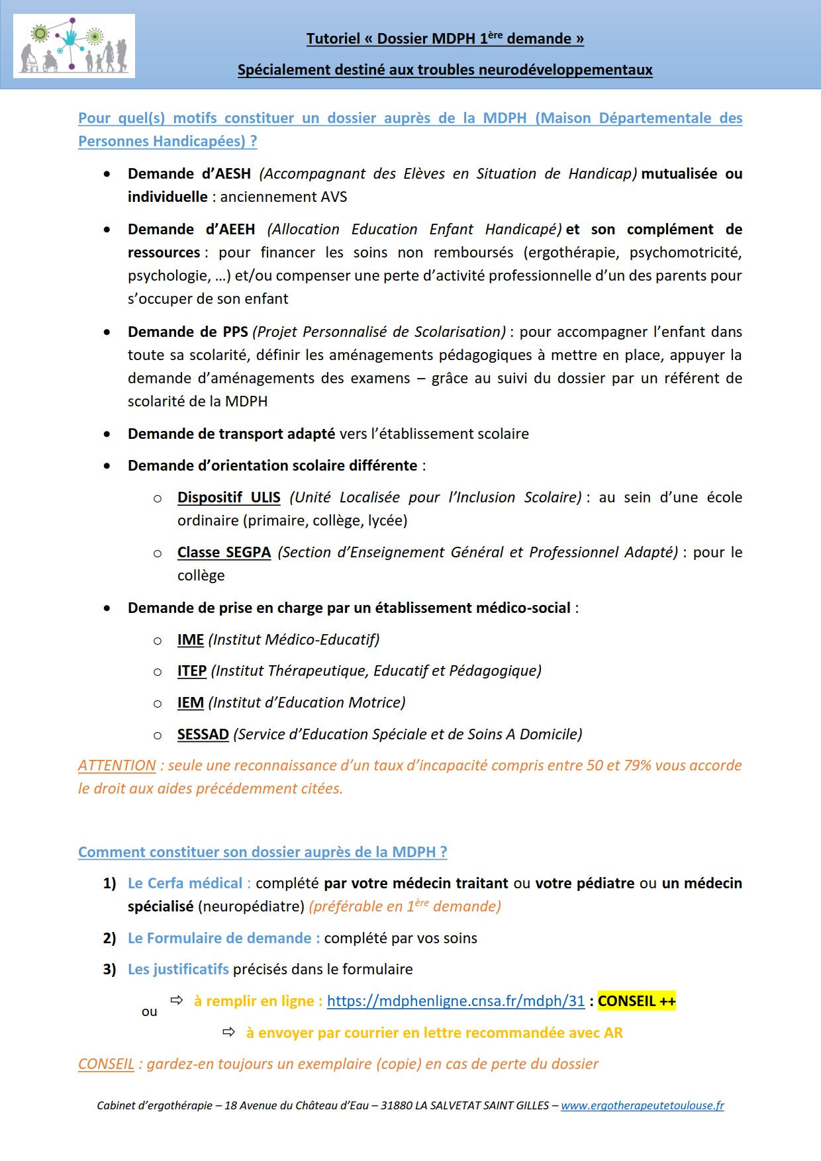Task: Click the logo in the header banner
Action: (x=73, y=46)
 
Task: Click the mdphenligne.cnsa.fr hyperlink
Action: (x=456, y=1001)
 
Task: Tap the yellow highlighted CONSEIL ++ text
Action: (x=636, y=1001)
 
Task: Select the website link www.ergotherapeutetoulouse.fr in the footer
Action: (x=642, y=1105)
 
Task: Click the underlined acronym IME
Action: (x=191, y=639)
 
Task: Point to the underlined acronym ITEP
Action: (x=192, y=671)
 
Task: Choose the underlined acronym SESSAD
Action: (x=203, y=734)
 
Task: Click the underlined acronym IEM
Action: (x=191, y=702)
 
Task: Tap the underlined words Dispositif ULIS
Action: (x=229, y=497)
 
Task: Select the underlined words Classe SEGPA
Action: (x=224, y=552)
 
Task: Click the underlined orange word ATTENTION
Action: (x=117, y=765)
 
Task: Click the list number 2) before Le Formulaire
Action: (x=109, y=938)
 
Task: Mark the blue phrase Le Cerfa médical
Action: (x=185, y=883)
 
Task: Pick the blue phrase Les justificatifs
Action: (x=178, y=969)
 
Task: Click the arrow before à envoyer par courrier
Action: (x=228, y=1032)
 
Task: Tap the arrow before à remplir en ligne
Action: (x=177, y=999)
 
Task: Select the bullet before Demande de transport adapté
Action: (x=107, y=434)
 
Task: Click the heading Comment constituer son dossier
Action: (x=263, y=852)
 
